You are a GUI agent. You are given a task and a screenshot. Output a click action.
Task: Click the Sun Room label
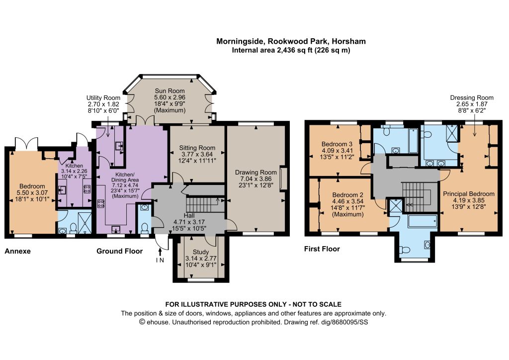[170, 91]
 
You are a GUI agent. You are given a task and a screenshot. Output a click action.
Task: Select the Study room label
[201, 252]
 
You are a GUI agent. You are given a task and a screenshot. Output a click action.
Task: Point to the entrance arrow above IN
[160, 252]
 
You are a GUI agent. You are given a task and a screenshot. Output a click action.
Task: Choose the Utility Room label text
[103, 98]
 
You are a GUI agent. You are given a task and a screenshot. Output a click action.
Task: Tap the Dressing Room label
[472, 98]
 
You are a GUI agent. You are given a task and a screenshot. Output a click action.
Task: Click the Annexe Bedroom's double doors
[26, 144]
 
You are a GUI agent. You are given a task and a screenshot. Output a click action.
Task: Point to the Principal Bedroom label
[469, 194]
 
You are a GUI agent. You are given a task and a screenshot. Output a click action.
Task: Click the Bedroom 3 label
[337, 144]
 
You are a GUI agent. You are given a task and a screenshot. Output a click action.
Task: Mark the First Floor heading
[322, 249]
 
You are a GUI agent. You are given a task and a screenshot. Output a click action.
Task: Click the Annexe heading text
[17, 251]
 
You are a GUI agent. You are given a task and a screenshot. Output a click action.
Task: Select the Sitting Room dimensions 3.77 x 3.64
[197, 154]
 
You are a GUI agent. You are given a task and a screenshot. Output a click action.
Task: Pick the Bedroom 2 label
[347, 195]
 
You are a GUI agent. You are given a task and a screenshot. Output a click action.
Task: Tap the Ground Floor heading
[119, 251]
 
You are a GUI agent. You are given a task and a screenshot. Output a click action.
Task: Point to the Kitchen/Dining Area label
[125, 177]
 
